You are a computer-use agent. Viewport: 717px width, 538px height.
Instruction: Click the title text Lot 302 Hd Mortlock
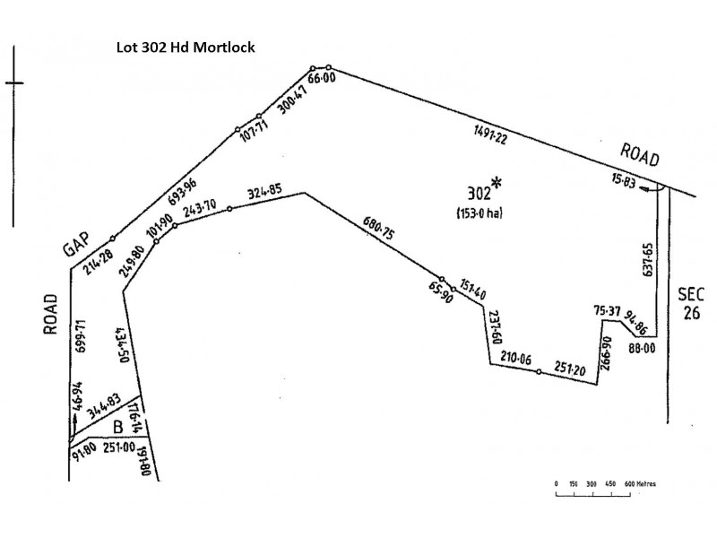pyautogui.click(x=186, y=46)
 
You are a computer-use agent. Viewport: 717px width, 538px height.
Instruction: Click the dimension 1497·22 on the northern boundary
pyautogui.click(x=489, y=136)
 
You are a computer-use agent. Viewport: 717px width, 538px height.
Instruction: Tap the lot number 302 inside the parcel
pyautogui.click(x=479, y=194)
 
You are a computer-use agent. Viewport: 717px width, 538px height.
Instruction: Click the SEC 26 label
pyautogui.click(x=693, y=303)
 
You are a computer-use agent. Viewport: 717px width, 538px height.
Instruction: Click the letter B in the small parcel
pyautogui.click(x=117, y=427)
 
